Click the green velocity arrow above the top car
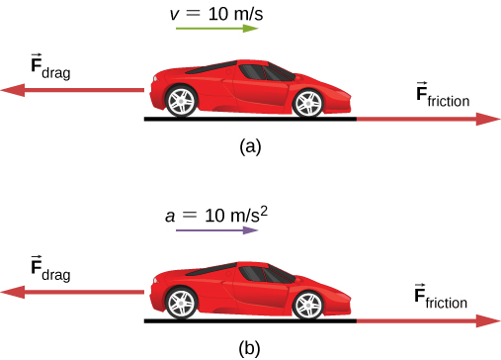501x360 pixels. point(216,29)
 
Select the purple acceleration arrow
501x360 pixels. point(216,229)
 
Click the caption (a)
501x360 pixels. point(251,145)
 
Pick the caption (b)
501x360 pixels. point(251,347)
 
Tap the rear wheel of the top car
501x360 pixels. point(181,100)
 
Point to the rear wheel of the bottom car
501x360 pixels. point(181,301)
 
